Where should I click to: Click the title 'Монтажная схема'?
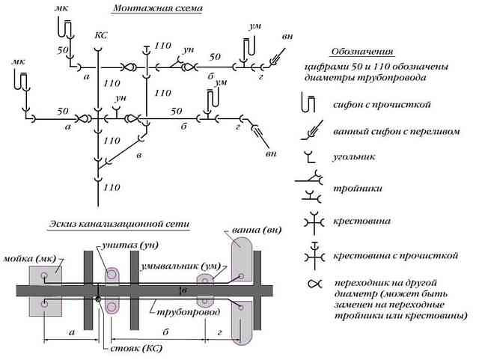click(x=158, y=8)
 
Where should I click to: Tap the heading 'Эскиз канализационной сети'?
click(x=120, y=224)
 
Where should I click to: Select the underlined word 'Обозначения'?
click(x=362, y=52)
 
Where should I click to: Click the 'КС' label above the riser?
click(x=101, y=36)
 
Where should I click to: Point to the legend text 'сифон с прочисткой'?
click(x=382, y=105)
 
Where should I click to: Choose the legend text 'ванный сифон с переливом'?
click(x=396, y=132)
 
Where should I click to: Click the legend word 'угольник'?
click(x=354, y=157)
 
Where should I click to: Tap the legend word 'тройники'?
click(x=358, y=188)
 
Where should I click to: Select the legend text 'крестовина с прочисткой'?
click(x=396, y=255)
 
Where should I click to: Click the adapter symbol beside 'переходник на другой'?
click(x=314, y=284)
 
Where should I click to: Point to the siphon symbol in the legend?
click(x=308, y=103)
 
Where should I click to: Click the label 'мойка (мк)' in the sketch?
click(x=30, y=259)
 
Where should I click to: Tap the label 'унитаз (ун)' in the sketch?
click(x=130, y=245)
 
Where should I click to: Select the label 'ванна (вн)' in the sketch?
click(x=257, y=230)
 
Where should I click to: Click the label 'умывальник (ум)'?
click(x=180, y=266)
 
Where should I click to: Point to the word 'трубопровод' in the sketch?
click(x=188, y=312)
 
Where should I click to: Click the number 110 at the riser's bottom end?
click(x=112, y=187)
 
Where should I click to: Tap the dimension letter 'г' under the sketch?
click(x=219, y=332)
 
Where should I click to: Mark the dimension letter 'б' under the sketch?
click(x=165, y=332)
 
